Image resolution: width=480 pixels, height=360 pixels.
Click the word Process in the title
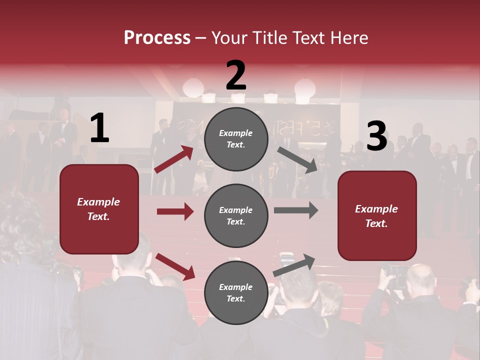157,37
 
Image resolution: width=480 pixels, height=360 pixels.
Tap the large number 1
99,128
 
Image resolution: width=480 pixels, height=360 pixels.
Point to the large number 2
236,75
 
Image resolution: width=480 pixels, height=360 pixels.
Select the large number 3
376,136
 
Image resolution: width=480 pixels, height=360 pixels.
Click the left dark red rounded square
99,209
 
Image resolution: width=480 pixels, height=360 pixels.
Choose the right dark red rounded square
377,215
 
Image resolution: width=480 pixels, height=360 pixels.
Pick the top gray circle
236,139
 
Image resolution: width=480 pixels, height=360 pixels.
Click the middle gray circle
236,215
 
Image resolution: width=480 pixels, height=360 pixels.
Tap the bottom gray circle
236,292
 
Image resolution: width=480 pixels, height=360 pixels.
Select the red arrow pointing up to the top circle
174,159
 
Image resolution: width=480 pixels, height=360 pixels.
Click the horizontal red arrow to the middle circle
175,211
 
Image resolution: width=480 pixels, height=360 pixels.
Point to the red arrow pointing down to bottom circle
175,266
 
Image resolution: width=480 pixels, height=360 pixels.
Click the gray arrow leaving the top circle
297,159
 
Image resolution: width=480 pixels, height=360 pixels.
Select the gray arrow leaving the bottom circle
294,265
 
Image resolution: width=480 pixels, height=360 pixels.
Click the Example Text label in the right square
376,216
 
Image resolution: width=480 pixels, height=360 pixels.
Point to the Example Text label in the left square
98,209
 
